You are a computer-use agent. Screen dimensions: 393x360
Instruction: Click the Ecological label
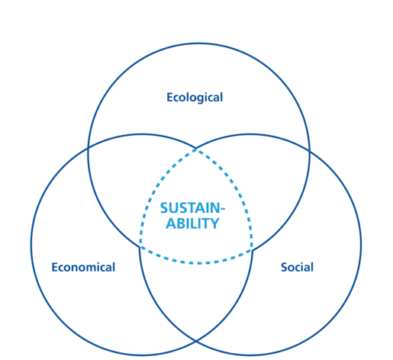pyautogui.click(x=195, y=98)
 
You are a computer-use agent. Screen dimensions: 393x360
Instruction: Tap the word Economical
pyautogui.click(x=83, y=267)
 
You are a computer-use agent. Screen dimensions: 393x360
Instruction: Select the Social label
pyautogui.click(x=297, y=267)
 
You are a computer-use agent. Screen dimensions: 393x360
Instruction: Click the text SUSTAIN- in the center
pyautogui.click(x=192, y=208)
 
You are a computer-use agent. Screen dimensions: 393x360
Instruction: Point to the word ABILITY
pyautogui.click(x=192, y=223)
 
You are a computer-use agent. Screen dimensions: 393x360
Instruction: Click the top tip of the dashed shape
pyautogui.click(x=196, y=149)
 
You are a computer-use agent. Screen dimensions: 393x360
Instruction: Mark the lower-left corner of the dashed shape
pyautogui.click(x=140, y=246)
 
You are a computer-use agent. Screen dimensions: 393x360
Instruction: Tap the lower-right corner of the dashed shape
pyautogui.click(x=252, y=250)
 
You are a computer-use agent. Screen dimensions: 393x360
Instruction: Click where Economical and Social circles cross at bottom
pyautogui.click(x=196, y=340)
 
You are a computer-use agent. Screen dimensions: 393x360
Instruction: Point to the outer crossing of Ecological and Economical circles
pyautogui.click(x=88, y=148)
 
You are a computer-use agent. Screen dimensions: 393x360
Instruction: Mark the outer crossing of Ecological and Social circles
pyautogui.click(x=309, y=151)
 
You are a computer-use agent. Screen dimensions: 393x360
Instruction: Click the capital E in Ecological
pyautogui.click(x=170, y=97)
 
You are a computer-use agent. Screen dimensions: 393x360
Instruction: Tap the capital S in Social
pyautogui.click(x=284, y=267)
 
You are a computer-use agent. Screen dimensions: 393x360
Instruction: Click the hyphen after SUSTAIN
pyautogui.click(x=222, y=209)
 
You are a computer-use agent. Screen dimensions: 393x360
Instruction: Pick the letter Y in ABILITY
pyautogui.click(x=215, y=223)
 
